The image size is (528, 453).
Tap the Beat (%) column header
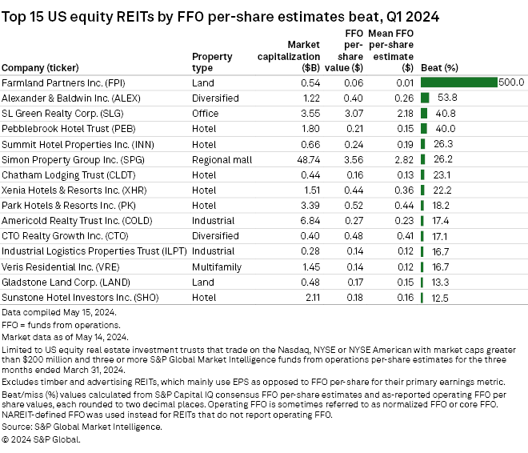coord(439,67)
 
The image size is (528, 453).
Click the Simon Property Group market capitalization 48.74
coord(306,158)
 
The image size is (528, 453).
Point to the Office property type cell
coord(206,113)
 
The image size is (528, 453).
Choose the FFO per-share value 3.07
coord(352,113)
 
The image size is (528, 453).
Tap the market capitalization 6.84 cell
coord(309,219)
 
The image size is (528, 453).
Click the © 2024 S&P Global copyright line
coord(37,440)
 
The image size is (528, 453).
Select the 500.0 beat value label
coord(510,82)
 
